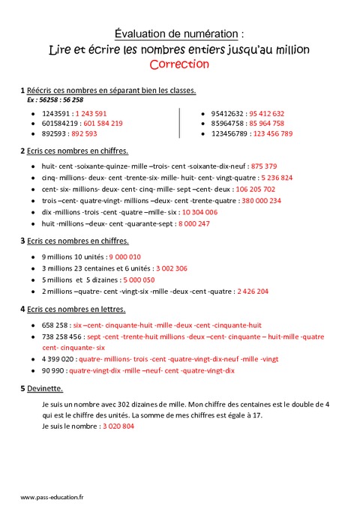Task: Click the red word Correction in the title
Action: click(179, 64)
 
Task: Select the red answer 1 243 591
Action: click(91, 113)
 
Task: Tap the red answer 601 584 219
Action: click(103, 124)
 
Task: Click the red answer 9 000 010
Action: click(125, 256)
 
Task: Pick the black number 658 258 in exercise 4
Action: click(55, 325)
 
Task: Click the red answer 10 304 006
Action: click(199, 213)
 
